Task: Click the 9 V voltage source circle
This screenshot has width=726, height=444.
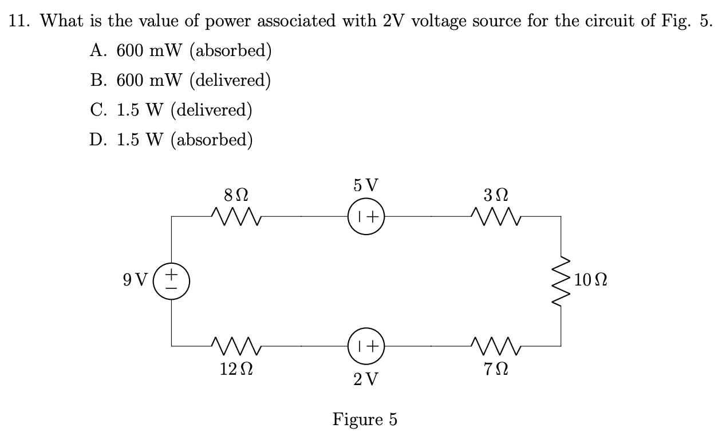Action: pos(172,281)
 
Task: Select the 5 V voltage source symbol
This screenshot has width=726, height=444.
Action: pos(365,217)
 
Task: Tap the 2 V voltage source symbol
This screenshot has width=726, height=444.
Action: pos(365,346)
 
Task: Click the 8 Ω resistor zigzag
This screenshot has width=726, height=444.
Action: pos(236,217)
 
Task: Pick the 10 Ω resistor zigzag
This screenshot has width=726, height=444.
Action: pos(561,281)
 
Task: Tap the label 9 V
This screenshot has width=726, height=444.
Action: pos(135,281)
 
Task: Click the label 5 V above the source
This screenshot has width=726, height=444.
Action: pos(365,185)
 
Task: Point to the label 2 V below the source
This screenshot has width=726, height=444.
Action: pos(365,379)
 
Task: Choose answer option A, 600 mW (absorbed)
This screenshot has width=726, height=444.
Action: pos(180,51)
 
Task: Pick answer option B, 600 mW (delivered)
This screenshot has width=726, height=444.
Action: pos(180,80)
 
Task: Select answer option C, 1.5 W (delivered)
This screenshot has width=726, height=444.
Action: pos(171,110)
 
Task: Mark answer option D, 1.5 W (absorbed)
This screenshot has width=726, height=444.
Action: pos(171,139)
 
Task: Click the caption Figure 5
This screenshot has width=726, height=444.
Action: pos(365,419)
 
